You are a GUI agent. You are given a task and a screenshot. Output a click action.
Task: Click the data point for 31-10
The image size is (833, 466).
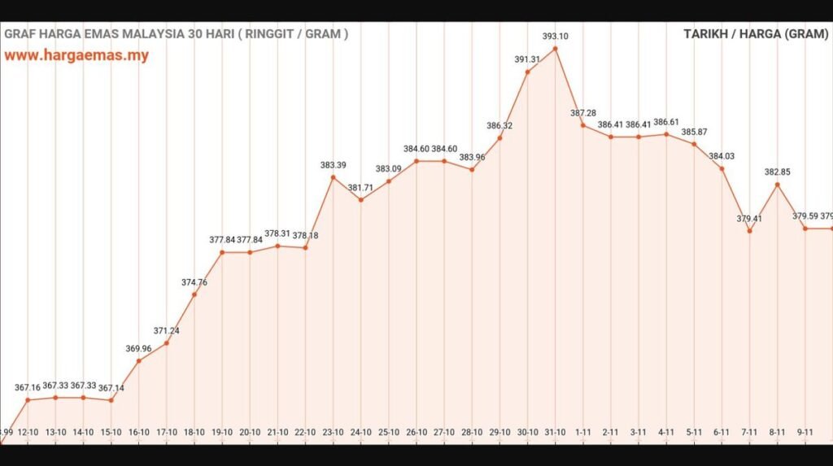click(556, 49)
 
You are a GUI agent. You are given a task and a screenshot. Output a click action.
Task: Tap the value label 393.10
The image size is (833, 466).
click(556, 36)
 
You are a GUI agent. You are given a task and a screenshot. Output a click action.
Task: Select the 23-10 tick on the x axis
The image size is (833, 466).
click(333, 433)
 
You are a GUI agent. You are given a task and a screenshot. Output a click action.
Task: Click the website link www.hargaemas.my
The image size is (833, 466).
click(76, 56)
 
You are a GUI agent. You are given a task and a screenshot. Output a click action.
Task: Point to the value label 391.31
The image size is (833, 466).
click(528, 59)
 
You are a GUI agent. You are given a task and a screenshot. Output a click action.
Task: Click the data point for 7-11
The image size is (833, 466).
click(749, 231)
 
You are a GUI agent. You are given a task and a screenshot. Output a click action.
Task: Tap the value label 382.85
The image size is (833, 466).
click(778, 172)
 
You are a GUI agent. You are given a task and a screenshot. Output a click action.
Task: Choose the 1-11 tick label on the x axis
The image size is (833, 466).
click(583, 433)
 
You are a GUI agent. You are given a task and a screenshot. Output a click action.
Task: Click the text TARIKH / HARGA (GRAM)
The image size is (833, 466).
click(755, 34)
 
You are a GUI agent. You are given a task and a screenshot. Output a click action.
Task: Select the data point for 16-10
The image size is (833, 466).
click(139, 360)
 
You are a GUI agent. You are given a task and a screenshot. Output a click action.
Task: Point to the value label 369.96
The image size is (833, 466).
click(139, 348)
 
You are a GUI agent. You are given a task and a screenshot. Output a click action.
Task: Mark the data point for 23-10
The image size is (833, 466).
click(333, 177)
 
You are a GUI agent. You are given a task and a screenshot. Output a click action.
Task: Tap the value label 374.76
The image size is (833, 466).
click(194, 282)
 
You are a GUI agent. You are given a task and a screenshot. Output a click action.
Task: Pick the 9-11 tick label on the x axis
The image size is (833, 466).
click(805, 433)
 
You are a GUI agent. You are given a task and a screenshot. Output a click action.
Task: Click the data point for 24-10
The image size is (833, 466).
click(360, 200)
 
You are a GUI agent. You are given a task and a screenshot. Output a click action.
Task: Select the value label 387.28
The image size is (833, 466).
click(583, 112)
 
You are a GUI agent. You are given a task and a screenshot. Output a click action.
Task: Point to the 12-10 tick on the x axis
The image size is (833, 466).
click(28, 433)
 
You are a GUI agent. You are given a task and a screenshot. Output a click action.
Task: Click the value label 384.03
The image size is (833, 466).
click(722, 156)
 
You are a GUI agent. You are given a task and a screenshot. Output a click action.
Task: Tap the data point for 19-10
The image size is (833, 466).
click(222, 252)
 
